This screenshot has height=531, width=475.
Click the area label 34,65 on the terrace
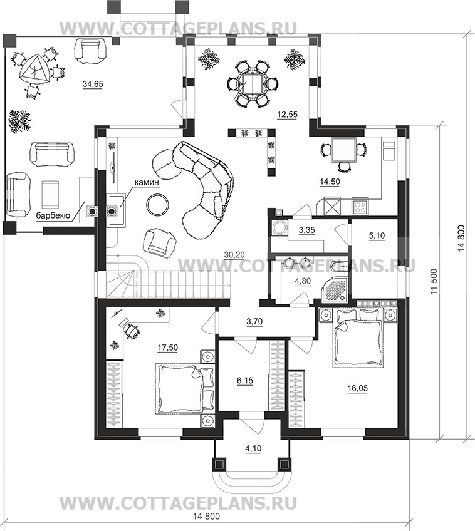(x=93, y=84)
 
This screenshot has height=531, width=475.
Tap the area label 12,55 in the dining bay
(x=287, y=115)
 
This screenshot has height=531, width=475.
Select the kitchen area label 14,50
(x=330, y=182)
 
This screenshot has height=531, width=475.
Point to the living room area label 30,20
(x=234, y=255)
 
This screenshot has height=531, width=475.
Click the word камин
(x=147, y=183)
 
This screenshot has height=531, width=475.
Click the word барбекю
(x=53, y=215)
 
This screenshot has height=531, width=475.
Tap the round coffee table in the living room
(x=157, y=204)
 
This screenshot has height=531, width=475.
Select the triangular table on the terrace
(x=34, y=70)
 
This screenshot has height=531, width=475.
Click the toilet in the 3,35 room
(x=279, y=227)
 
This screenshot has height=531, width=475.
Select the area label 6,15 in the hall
(x=245, y=381)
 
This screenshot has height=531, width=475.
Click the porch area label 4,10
(x=253, y=448)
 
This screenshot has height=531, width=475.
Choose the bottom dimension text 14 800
(x=206, y=526)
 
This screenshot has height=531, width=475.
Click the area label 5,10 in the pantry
(x=377, y=235)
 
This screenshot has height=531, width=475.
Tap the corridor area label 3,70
(x=254, y=321)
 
